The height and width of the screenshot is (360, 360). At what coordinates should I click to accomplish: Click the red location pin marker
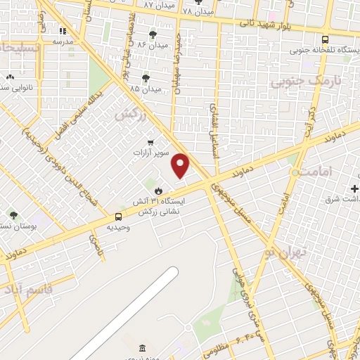click(181, 166)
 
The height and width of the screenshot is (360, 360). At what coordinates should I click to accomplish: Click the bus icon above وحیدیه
click(117, 217)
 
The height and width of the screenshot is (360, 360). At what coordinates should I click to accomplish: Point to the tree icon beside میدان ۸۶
click(153, 34)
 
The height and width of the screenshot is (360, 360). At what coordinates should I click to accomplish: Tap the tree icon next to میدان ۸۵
click(146, 78)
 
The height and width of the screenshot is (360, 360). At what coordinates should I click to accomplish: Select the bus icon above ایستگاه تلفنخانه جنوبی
click(325, 40)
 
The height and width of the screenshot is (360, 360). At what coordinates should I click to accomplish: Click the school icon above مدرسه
click(63, 31)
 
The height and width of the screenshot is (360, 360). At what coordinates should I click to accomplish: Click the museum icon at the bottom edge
click(143, 349)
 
